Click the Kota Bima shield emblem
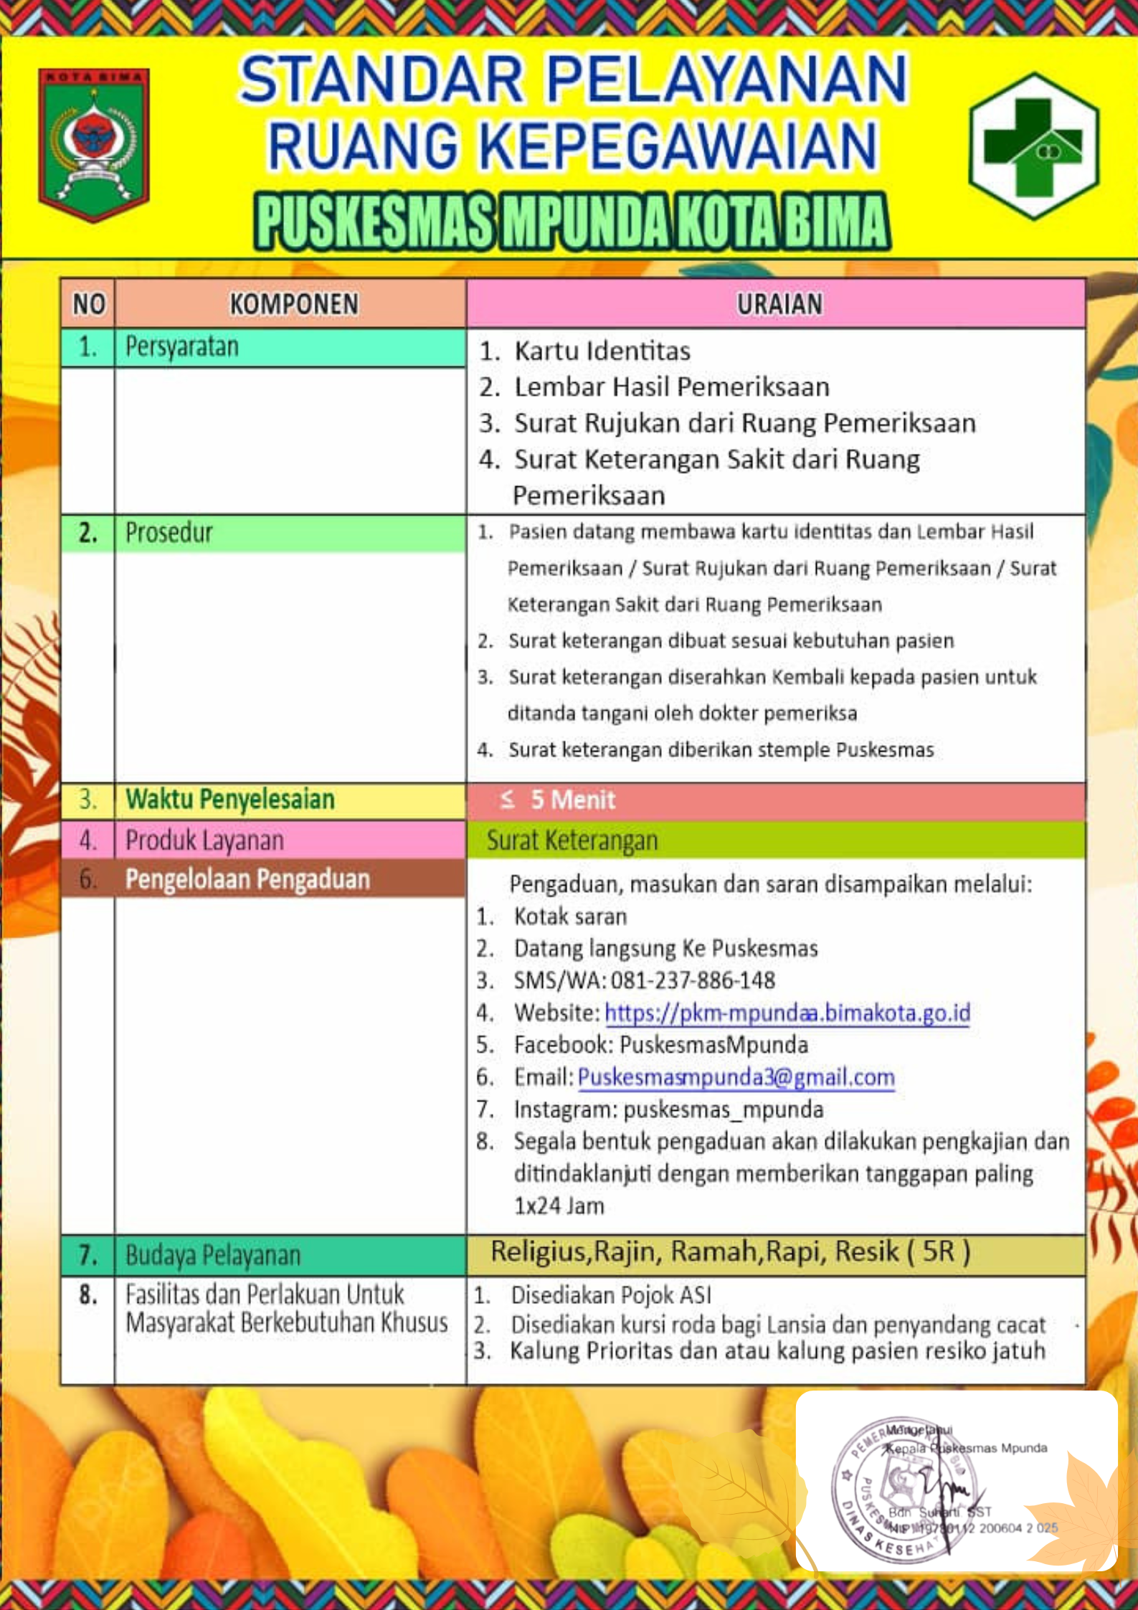click(94, 143)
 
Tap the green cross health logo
click(1033, 145)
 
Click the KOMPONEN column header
click(293, 304)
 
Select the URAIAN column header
click(779, 304)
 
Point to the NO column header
click(88, 304)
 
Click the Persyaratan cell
click(182, 347)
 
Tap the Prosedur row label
click(169, 533)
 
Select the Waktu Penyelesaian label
click(230, 799)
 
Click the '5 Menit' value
click(572, 800)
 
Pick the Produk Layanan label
click(204, 840)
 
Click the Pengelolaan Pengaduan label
click(247, 879)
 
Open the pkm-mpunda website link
click(787, 1013)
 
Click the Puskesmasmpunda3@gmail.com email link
click(736, 1077)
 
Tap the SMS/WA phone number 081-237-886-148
click(693, 980)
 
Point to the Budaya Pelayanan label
click(213, 1256)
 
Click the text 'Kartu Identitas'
click(602, 351)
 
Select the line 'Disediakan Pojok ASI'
click(610, 1295)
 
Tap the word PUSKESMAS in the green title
click(374, 222)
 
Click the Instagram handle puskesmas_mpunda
click(723, 1109)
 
